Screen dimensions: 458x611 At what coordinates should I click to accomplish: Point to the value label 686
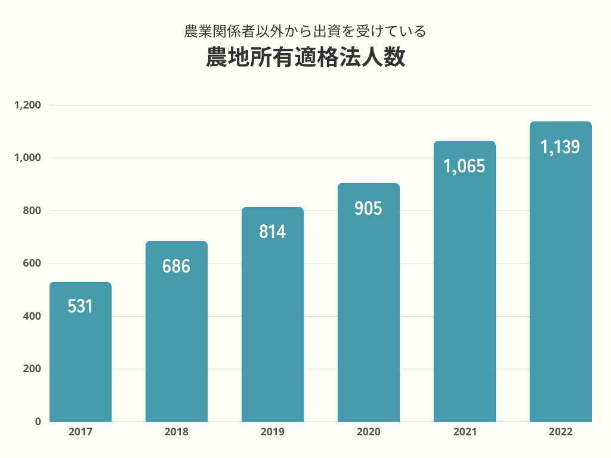point(176,266)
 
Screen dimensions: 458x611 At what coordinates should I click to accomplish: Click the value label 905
point(368,209)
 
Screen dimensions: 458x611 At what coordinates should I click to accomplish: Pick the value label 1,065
point(464,166)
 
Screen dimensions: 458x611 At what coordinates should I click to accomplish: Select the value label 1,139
point(560,147)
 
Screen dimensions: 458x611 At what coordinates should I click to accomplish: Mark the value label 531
point(81,307)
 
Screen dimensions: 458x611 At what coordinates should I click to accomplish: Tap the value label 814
point(273,231)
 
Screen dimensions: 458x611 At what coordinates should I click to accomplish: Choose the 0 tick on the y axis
point(38,422)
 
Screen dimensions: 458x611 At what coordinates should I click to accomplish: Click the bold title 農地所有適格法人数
point(305,58)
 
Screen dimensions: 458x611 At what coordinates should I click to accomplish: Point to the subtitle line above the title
point(305,30)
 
